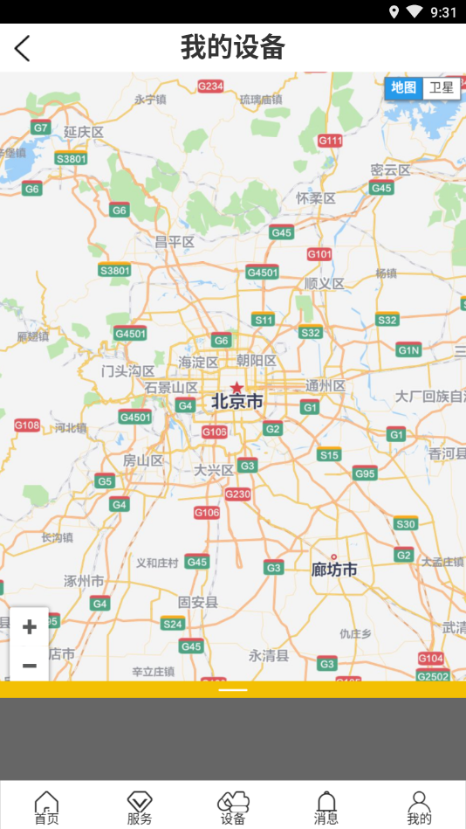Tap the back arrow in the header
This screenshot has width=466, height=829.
(23, 48)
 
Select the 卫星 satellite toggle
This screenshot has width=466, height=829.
(442, 87)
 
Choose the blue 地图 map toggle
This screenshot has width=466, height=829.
(403, 87)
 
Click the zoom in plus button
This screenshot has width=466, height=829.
(29, 626)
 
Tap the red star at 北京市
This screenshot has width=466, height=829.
(236, 386)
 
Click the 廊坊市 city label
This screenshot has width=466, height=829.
(334, 570)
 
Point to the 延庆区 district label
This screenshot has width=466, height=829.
(84, 132)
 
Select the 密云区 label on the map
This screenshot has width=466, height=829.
(390, 170)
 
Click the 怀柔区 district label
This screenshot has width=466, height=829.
(316, 198)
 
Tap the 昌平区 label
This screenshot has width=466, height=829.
(175, 241)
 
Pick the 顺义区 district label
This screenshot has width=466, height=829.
(325, 283)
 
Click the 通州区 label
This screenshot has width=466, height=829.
(326, 385)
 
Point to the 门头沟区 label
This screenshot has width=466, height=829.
(128, 371)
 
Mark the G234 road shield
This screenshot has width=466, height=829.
(210, 86)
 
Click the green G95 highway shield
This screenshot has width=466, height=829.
(365, 473)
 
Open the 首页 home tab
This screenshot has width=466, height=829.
(46, 807)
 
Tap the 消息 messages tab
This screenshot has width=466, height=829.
(326, 807)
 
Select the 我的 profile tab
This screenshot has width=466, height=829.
(419, 807)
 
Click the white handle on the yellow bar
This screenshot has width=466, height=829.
(233, 690)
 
